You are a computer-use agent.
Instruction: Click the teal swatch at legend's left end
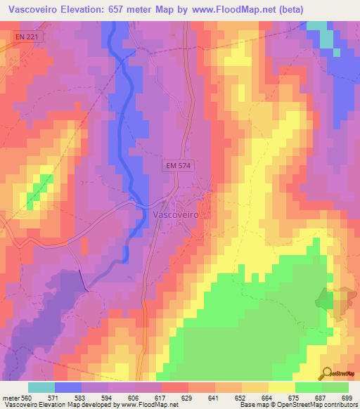tap(41, 387)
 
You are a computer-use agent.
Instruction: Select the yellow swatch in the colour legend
tap(281, 387)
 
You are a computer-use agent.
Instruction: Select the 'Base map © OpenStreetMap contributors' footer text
tap(297, 405)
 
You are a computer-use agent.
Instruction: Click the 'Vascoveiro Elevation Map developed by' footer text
tap(60, 405)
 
